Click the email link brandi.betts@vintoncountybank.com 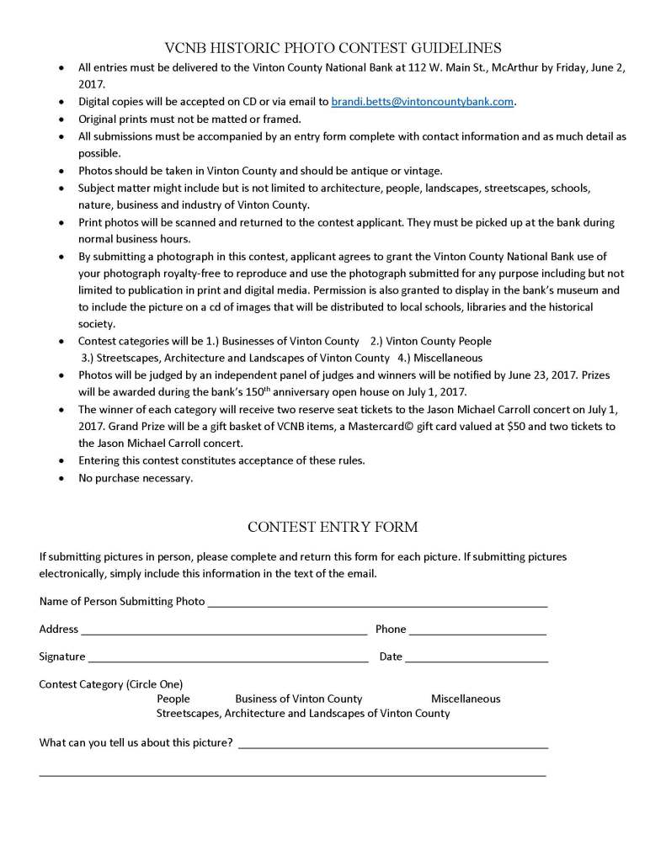[422, 102]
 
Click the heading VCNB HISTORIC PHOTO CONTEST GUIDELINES [333, 48]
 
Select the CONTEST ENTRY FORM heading [333, 528]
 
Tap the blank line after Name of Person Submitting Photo [377, 603]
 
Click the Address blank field [223, 630]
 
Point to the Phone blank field [477, 630]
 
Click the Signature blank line [227, 658]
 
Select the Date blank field [477, 658]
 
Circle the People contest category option [173, 699]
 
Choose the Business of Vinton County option [299, 699]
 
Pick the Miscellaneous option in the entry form [466, 699]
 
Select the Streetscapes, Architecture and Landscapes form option [303, 714]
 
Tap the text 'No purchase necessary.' [136, 478]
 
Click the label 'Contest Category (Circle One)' [111, 683]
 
